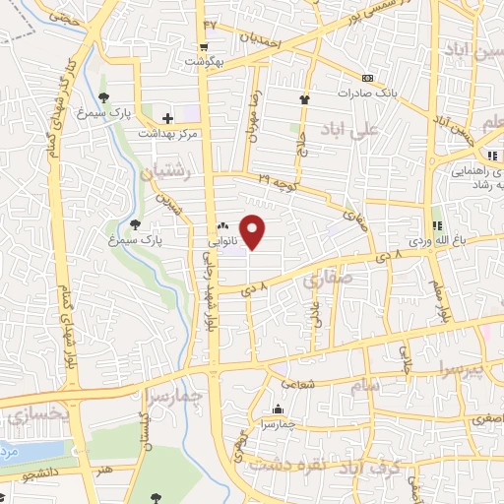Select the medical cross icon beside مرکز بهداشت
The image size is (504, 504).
pos(168,118)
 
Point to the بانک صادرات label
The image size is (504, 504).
pos(367,94)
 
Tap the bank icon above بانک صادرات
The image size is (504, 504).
pos(367,79)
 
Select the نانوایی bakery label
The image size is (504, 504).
pos(220,239)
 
